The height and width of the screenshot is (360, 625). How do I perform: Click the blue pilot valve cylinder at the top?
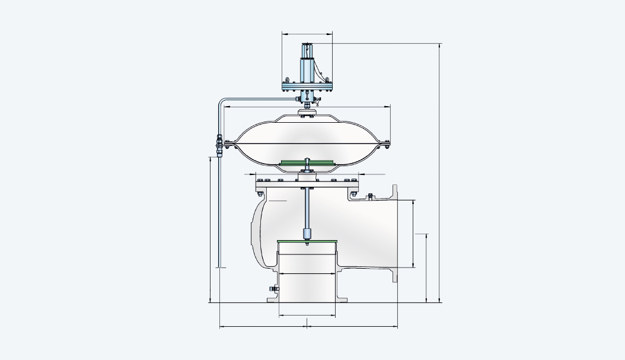[307, 68]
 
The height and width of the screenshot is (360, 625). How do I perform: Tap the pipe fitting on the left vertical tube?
[218, 145]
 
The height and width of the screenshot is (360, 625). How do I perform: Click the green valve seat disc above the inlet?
[307, 241]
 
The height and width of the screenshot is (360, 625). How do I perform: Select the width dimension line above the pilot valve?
[307, 34]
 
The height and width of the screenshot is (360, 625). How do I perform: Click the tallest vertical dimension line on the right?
[439, 172]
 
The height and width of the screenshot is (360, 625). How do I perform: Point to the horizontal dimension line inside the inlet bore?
[307, 273]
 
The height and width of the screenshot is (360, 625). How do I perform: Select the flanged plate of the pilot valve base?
[307, 86]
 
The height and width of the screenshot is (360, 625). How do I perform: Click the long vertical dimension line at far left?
[211, 228]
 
